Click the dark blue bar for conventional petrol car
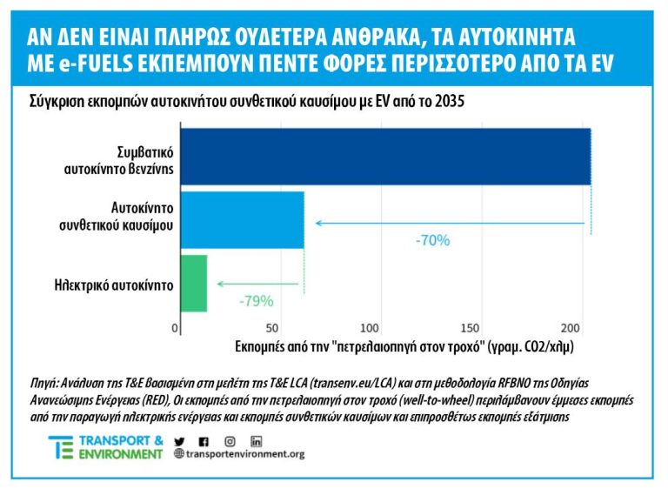(384, 157)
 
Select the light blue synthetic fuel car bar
(241, 220)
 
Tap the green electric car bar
(192, 283)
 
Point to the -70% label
(431, 240)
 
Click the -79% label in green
(256, 301)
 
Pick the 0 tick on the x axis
(177, 328)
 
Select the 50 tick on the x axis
(272, 328)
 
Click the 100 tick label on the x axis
(370, 328)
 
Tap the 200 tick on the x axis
(569, 328)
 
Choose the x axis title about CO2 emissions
(404, 346)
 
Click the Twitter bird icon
(179, 440)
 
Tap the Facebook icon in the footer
(204, 440)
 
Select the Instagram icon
(230, 440)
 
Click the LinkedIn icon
(256, 440)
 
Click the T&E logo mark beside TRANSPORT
(60, 447)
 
